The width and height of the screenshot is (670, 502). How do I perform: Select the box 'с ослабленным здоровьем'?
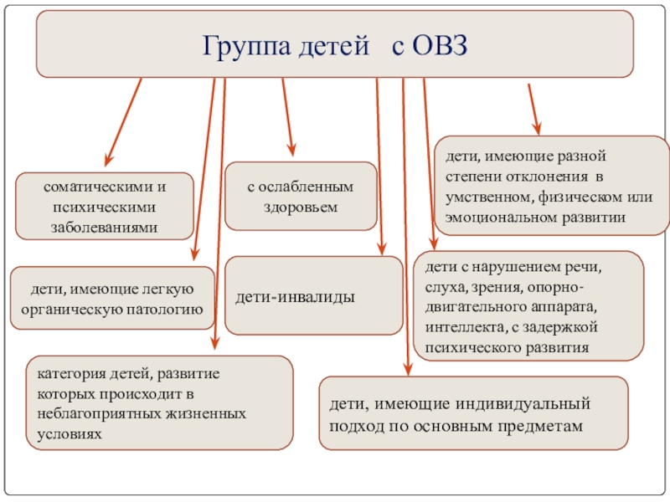[300, 196]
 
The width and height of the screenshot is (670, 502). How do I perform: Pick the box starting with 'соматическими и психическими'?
[106, 206]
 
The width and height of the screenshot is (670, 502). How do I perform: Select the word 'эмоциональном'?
[497, 217]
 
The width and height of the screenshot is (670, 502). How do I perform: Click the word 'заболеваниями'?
[106, 227]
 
